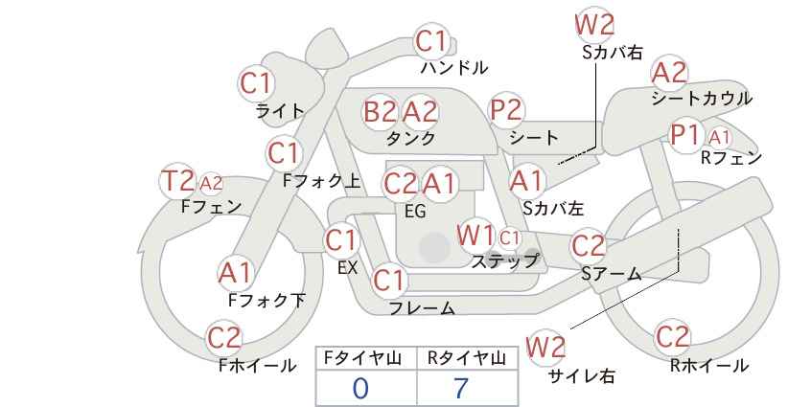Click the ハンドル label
click(454, 67)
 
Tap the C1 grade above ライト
click(256, 84)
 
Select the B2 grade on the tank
click(380, 111)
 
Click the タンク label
click(410, 138)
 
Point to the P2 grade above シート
click(506, 110)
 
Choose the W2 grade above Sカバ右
click(594, 25)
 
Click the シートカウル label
click(702, 98)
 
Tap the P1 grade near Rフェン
click(685, 134)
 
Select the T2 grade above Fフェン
click(177, 181)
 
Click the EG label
click(415, 212)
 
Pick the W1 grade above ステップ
click(475, 236)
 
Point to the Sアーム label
click(611, 274)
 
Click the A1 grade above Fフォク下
click(234, 274)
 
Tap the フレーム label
click(422, 307)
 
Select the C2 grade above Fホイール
click(224, 337)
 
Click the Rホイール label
click(709, 366)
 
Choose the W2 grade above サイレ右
click(545, 347)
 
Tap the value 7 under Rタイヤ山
click(460, 388)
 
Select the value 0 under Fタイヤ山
click(360, 389)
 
